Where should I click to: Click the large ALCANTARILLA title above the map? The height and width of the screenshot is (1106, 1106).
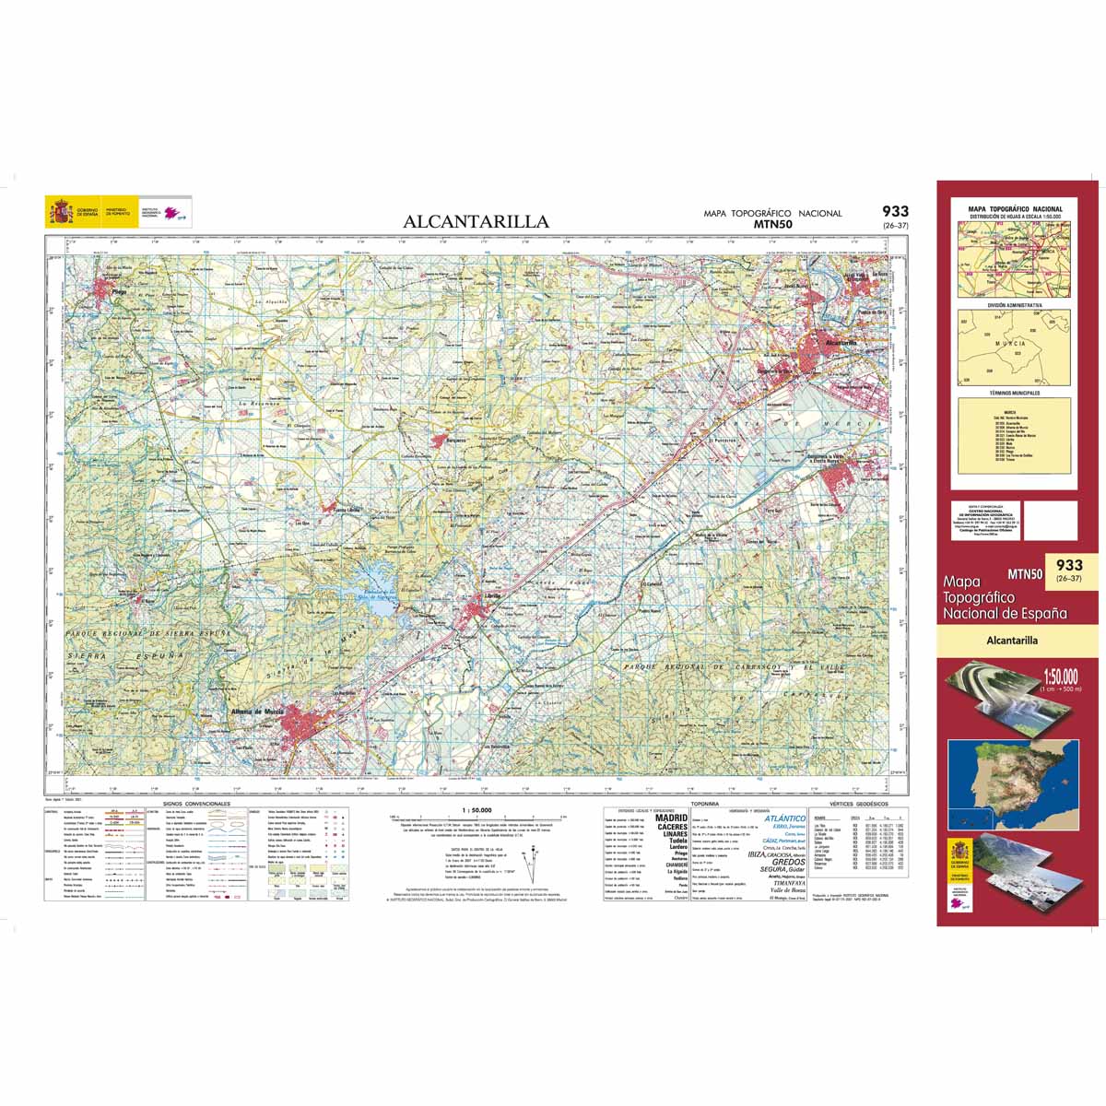click(x=476, y=221)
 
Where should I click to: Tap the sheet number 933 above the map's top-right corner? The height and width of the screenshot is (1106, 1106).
click(x=894, y=211)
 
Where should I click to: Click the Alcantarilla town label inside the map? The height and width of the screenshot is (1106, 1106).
click(x=841, y=342)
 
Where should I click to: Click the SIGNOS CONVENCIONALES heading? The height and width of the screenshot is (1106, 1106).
click(x=194, y=804)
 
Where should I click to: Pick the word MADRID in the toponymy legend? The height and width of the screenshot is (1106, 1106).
click(x=671, y=818)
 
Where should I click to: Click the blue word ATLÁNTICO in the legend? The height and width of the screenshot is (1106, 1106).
click(x=784, y=818)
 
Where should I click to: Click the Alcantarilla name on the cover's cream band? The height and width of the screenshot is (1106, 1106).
click(x=1012, y=640)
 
